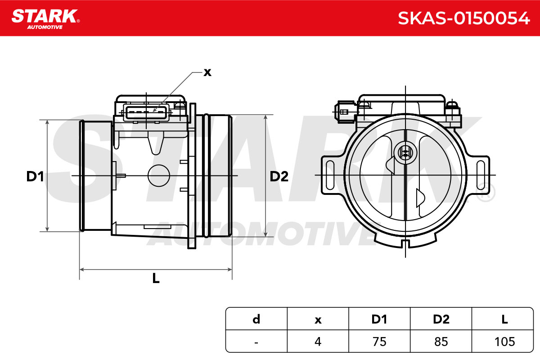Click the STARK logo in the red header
pos(45,19)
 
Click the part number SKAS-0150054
pos(463,18)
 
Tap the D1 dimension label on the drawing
pos(35,176)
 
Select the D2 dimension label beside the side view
pos(279,176)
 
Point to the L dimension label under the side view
pos(156,278)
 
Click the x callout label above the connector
pos(207,72)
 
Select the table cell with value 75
pos(379,342)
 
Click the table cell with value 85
pos(441,342)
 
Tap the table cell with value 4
pos(318,342)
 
